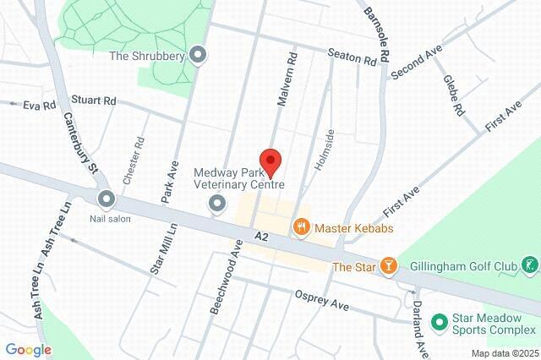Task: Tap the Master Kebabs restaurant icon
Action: click(x=300, y=227)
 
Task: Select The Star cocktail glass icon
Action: click(x=388, y=266)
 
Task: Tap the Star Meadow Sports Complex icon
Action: click(x=439, y=322)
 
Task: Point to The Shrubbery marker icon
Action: click(x=199, y=57)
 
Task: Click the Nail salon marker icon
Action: click(x=107, y=199)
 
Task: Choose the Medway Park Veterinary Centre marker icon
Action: click(x=217, y=203)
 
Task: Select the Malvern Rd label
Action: click(x=288, y=79)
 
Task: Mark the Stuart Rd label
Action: click(x=94, y=100)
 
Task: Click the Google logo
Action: click(x=28, y=350)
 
